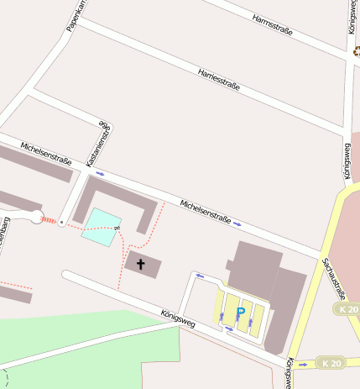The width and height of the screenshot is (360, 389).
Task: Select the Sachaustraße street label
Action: point(333,278)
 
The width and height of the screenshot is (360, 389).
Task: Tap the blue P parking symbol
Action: point(241,313)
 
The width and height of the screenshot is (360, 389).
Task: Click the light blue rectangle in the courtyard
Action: point(101,226)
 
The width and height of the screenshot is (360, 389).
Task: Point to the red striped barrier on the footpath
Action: point(49,220)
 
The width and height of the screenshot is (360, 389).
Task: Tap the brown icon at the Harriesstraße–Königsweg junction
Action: point(355,50)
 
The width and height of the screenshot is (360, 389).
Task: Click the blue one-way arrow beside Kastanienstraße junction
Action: point(100,174)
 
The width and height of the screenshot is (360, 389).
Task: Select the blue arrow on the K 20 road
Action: point(302,365)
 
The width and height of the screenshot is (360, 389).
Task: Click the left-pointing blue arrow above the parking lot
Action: point(200,275)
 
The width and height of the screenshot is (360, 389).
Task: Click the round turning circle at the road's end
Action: point(35,218)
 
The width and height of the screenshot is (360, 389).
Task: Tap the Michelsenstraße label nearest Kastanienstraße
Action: point(46,154)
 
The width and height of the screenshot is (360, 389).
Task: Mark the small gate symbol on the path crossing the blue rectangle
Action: point(119,227)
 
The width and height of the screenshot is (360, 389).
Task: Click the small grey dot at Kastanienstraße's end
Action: point(61,223)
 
